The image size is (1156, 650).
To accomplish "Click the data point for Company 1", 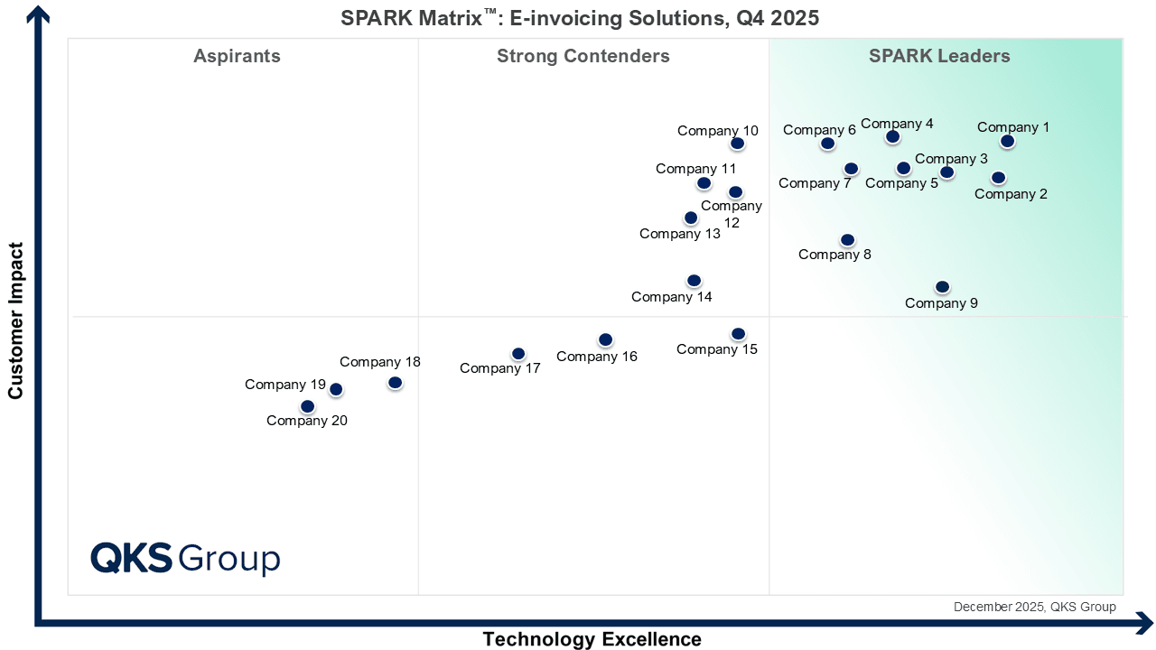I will point(1007,142).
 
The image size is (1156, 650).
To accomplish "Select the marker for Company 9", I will point(942,287).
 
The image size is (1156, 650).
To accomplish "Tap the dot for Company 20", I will point(308,407).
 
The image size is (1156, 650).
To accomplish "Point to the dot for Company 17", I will point(517,354).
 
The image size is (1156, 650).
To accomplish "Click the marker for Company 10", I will point(737,144).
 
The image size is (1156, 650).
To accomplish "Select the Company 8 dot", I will point(847,240).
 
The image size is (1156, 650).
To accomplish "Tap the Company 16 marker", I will point(605,340).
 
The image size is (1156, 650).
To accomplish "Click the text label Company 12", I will point(732,214).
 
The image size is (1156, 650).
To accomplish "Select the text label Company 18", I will point(380,362).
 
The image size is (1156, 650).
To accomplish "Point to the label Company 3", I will point(951,159).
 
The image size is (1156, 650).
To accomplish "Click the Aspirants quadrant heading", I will point(237,56).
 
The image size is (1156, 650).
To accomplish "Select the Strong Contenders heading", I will point(583,56).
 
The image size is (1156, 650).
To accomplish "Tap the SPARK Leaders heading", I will point(939,56).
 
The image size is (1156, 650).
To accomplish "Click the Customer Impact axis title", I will point(15,320).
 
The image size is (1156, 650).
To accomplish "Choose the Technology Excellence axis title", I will point(592,639).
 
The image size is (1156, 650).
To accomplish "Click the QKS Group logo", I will point(185,558).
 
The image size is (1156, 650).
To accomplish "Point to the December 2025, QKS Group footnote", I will point(1034,607).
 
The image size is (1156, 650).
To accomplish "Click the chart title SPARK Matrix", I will point(580,18).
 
